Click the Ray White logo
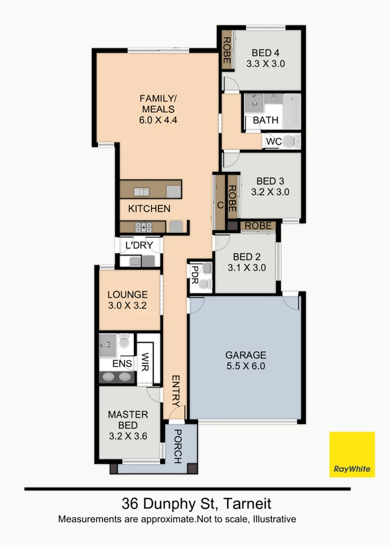(x=352, y=454)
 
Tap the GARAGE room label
(x=245, y=355)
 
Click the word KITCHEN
(x=149, y=209)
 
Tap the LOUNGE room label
(x=127, y=294)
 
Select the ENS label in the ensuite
(x=122, y=364)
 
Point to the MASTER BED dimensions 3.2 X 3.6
(x=127, y=436)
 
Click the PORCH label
(x=178, y=446)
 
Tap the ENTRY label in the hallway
(x=175, y=392)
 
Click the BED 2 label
(x=246, y=257)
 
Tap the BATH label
(x=266, y=121)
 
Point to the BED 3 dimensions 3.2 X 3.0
(x=270, y=192)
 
